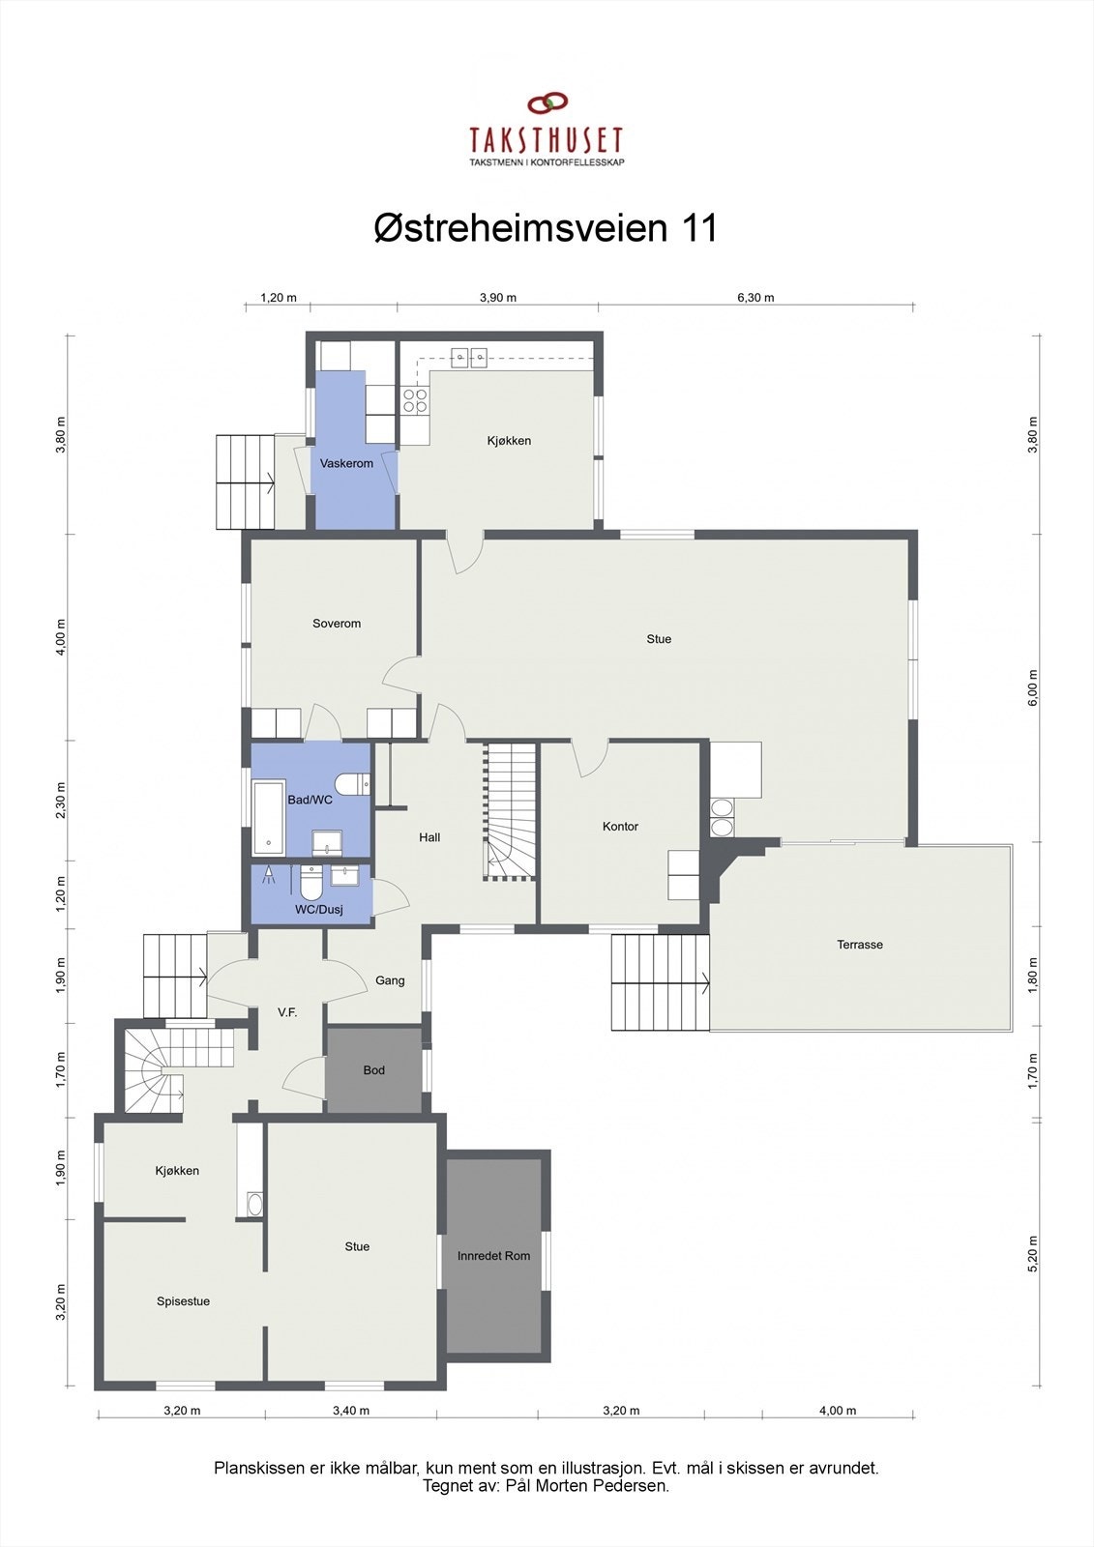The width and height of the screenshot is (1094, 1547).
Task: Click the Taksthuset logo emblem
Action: pos(547,102)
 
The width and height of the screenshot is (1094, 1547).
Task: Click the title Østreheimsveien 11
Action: pos(546,229)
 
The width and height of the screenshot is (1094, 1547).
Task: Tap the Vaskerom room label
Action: pos(346,464)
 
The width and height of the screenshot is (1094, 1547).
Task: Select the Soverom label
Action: pos(337,624)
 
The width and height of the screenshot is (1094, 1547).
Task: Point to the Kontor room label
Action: pos(620,827)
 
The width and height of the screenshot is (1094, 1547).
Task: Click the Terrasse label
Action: pos(860,945)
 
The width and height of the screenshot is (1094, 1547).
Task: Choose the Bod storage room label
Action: pos(374,1070)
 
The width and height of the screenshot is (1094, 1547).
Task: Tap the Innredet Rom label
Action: pos(493,1256)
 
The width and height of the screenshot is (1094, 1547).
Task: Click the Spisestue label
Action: pos(184,1301)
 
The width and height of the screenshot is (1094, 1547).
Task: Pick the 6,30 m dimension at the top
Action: pos(755,298)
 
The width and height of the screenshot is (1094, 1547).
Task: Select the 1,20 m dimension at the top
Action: pos(279,298)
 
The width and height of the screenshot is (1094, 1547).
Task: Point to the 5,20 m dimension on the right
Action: pos(1032,1254)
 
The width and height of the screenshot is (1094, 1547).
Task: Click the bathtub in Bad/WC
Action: pos(269,819)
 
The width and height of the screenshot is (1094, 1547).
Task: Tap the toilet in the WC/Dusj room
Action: pos(311,882)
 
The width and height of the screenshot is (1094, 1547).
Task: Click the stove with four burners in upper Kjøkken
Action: pos(415,401)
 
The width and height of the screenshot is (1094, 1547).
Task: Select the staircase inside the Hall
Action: pos(510,813)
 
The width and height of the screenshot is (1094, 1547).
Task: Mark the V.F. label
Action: pos(287,1012)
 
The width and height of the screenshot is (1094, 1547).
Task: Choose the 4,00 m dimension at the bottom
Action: pos(837,1411)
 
